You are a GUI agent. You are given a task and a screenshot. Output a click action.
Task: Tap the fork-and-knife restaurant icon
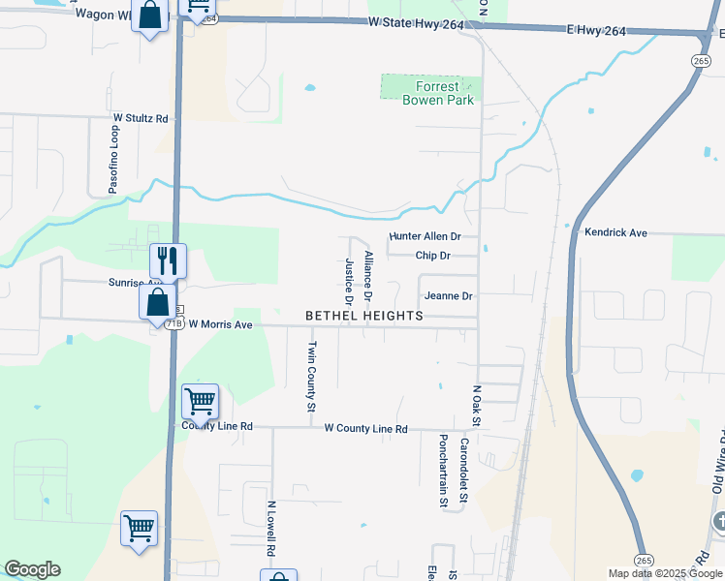click(x=167, y=260)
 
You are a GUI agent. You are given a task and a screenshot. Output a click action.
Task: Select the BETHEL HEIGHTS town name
click(x=364, y=316)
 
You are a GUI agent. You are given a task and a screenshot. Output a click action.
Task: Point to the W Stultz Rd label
click(x=141, y=118)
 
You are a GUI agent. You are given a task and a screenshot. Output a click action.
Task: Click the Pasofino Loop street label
click(x=113, y=159)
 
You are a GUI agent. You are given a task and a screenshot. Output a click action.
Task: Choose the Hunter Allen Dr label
click(x=425, y=236)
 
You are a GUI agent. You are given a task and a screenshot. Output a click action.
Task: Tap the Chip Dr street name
click(x=433, y=256)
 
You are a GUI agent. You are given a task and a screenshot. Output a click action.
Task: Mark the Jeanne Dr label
click(x=448, y=296)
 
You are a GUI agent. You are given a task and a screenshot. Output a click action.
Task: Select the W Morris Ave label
click(x=220, y=324)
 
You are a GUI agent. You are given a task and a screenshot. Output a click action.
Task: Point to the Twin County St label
click(x=312, y=377)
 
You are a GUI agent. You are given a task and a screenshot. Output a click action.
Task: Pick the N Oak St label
click(x=477, y=404)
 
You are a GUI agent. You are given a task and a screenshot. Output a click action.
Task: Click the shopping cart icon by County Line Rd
click(x=199, y=400)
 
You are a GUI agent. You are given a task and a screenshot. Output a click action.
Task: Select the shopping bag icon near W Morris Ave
click(x=157, y=301)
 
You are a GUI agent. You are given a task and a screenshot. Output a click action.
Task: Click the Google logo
click(x=32, y=569)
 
